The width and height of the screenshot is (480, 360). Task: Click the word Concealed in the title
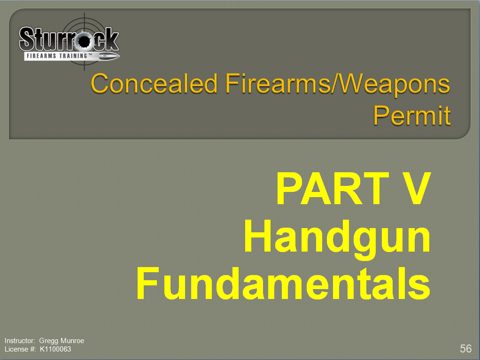pyautogui.click(x=154, y=83)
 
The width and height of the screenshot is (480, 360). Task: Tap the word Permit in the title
pyautogui.click(x=412, y=115)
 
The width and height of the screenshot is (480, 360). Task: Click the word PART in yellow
pyautogui.click(x=333, y=188)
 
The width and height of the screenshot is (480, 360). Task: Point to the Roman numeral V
pyautogui.click(x=415, y=188)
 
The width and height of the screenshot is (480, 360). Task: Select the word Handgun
pyautogui.click(x=337, y=238)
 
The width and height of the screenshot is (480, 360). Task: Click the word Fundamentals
pyautogui.click(x=283, y=283)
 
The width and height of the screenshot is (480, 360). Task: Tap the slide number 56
pyautogui.click(x=465, y=348)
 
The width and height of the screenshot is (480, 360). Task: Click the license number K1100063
pyautogui.click(x=55, y=349)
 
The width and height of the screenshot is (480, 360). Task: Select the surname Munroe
pyautogui.click(x=72, y=341)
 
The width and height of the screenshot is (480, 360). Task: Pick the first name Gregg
pyautogui.click(x=49, y=341)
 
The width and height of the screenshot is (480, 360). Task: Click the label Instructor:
pyautogui.click(x=20, y=341)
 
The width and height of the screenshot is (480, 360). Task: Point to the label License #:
pyautogui.click(x=20, y=349)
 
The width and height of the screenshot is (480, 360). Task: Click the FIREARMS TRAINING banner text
pyautogui.click(x=57, y=56)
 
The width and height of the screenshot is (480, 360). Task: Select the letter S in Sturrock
pyautogui.click(x=26, y=39)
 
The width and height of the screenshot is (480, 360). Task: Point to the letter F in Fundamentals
pyautogui.click(x=147, y=283)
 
